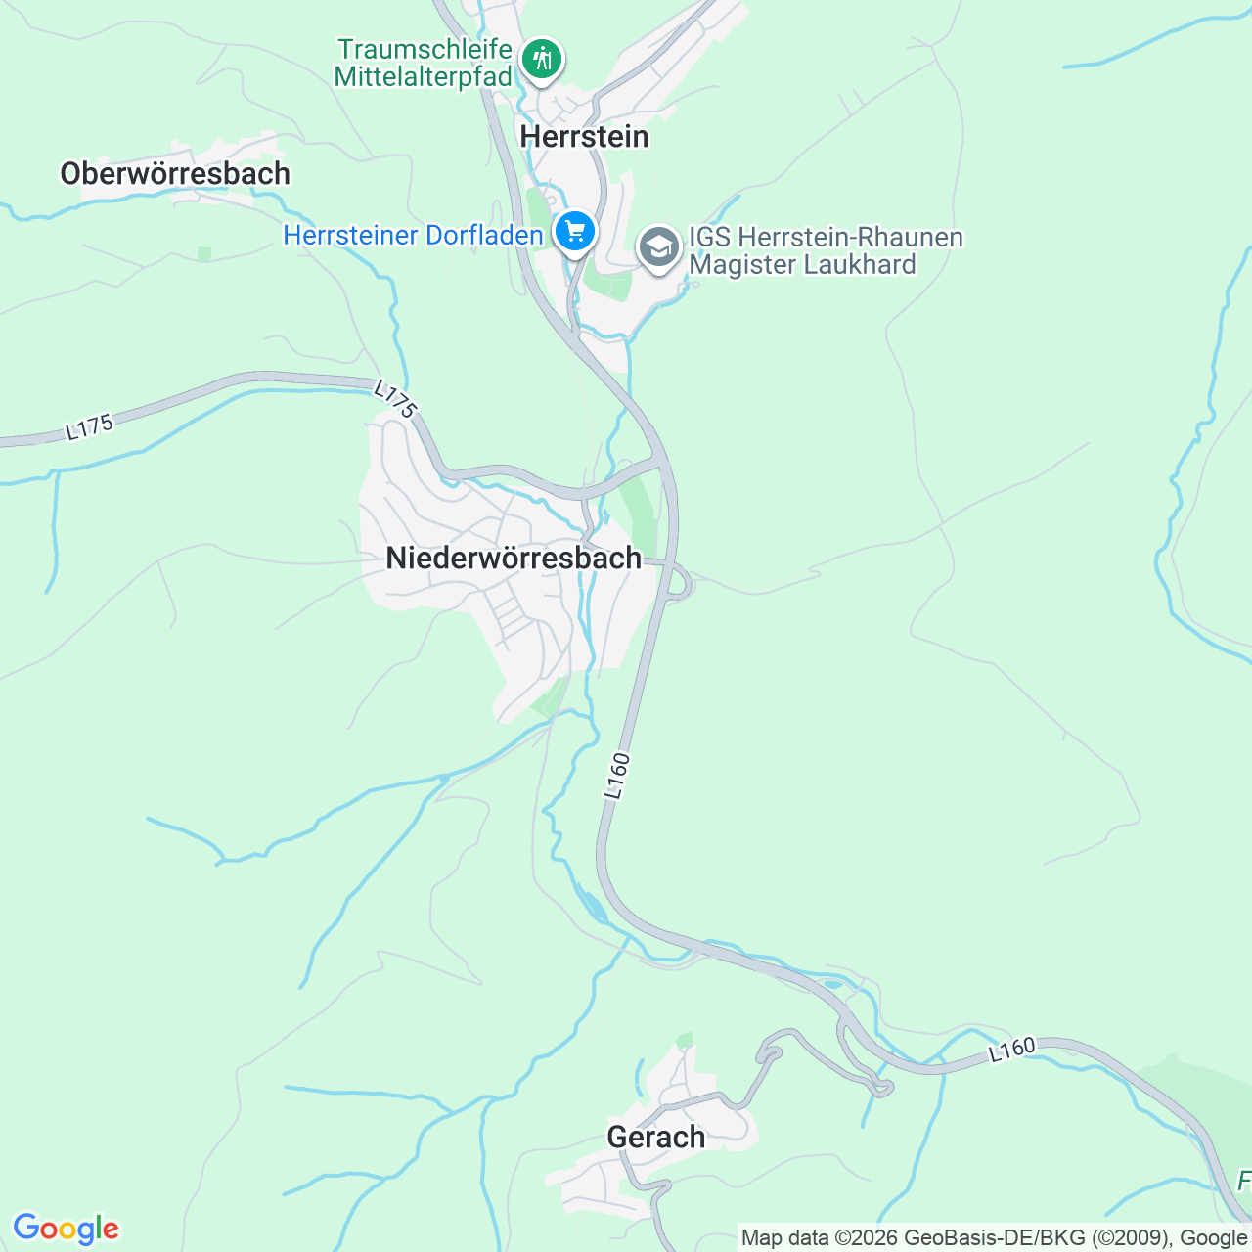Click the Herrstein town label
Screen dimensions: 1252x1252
point(584,136)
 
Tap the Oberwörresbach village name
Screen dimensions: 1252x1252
point(175,174)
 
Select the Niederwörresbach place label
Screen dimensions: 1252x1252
point(514,558)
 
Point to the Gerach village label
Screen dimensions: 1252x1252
point(655,1137)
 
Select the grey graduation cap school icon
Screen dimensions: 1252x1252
point(660,248)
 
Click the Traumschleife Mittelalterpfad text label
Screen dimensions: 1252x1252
point(424,63)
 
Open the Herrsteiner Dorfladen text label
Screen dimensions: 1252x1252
point(413,236)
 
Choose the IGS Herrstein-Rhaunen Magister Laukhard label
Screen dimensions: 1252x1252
point(826,251)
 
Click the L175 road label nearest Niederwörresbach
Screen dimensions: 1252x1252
point(396,400)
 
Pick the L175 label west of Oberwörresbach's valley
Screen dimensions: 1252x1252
point(90,427)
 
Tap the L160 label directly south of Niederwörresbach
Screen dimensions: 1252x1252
point(615,776)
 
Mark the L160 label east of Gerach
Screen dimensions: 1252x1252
point(1011,1051)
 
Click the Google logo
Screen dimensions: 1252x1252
point(66,1229)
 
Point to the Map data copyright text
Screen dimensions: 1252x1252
point(994,1238)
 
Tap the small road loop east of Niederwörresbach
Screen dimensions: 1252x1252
point(681,585)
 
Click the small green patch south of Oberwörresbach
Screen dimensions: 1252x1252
point(203,254)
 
